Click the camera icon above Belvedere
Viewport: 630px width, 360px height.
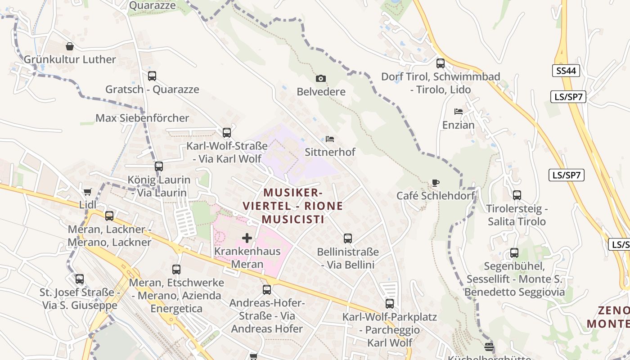click(320, 79)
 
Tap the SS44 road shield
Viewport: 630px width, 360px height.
click(566, 71)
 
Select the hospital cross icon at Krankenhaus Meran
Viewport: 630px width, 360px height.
click(247, 238)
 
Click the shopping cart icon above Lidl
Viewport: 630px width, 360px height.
click(88, 192)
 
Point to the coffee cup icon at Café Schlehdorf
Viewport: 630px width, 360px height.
click(435, 183)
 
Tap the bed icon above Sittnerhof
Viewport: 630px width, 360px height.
click(330, 139)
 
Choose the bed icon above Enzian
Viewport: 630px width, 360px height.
click(459, 112)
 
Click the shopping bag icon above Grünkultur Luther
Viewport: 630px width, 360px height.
click(70, 46)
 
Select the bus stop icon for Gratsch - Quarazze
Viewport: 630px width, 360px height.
click(152, 76)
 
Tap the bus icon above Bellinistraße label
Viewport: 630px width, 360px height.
click(348, 238)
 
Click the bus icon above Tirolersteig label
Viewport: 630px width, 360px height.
click(517, 195)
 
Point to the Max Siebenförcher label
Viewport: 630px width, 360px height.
click(142, 118)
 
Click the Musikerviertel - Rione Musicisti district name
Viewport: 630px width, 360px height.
click(293, 206)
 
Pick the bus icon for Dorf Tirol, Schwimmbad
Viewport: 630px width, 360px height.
click(441, 63)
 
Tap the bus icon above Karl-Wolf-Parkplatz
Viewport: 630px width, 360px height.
click(390, 304)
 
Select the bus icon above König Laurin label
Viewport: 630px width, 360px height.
click(159, 166)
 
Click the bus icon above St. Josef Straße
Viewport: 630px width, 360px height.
click(80, 279)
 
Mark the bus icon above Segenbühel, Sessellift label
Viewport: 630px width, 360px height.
click(514, 253)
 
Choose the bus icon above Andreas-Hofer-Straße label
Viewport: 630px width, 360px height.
click(267, 290)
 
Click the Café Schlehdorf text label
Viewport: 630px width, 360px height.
click(436, 196)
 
